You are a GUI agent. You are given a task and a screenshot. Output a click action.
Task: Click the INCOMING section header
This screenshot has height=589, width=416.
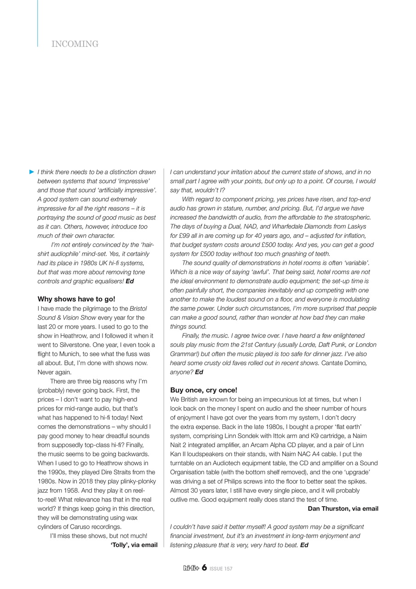click(x=75, y=44)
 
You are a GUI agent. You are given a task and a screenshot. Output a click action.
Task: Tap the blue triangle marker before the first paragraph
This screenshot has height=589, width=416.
click(x=32, y=172)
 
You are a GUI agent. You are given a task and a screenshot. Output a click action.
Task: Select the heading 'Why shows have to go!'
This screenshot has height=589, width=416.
click(x=76, y=299)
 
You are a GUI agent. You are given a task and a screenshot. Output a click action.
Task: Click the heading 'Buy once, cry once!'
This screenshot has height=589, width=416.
click(x=204, y=390)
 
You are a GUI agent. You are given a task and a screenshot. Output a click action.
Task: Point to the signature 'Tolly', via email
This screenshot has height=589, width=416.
click(x=134, y=545)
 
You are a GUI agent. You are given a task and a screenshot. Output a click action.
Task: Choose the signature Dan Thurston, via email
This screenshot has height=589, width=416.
click(x=343, y=508)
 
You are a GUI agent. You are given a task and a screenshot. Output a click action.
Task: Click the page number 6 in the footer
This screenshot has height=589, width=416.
click(x=204, y=568)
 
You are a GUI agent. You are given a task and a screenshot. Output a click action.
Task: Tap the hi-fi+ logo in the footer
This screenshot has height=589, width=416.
click(x=191, y=568)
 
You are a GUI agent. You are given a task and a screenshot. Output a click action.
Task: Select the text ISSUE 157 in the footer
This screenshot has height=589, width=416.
click(x=221, y=569)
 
